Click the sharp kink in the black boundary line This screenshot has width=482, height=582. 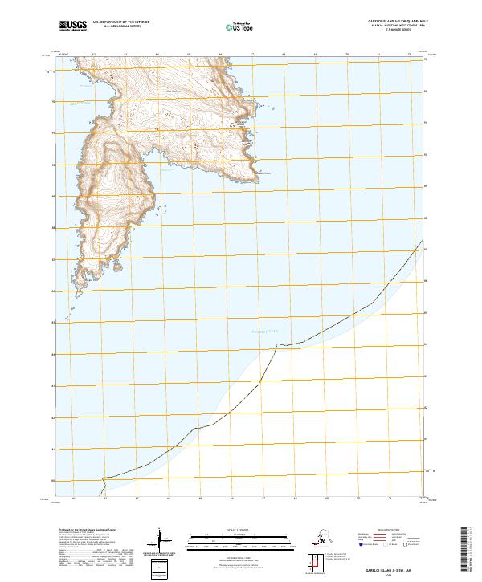277,344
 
